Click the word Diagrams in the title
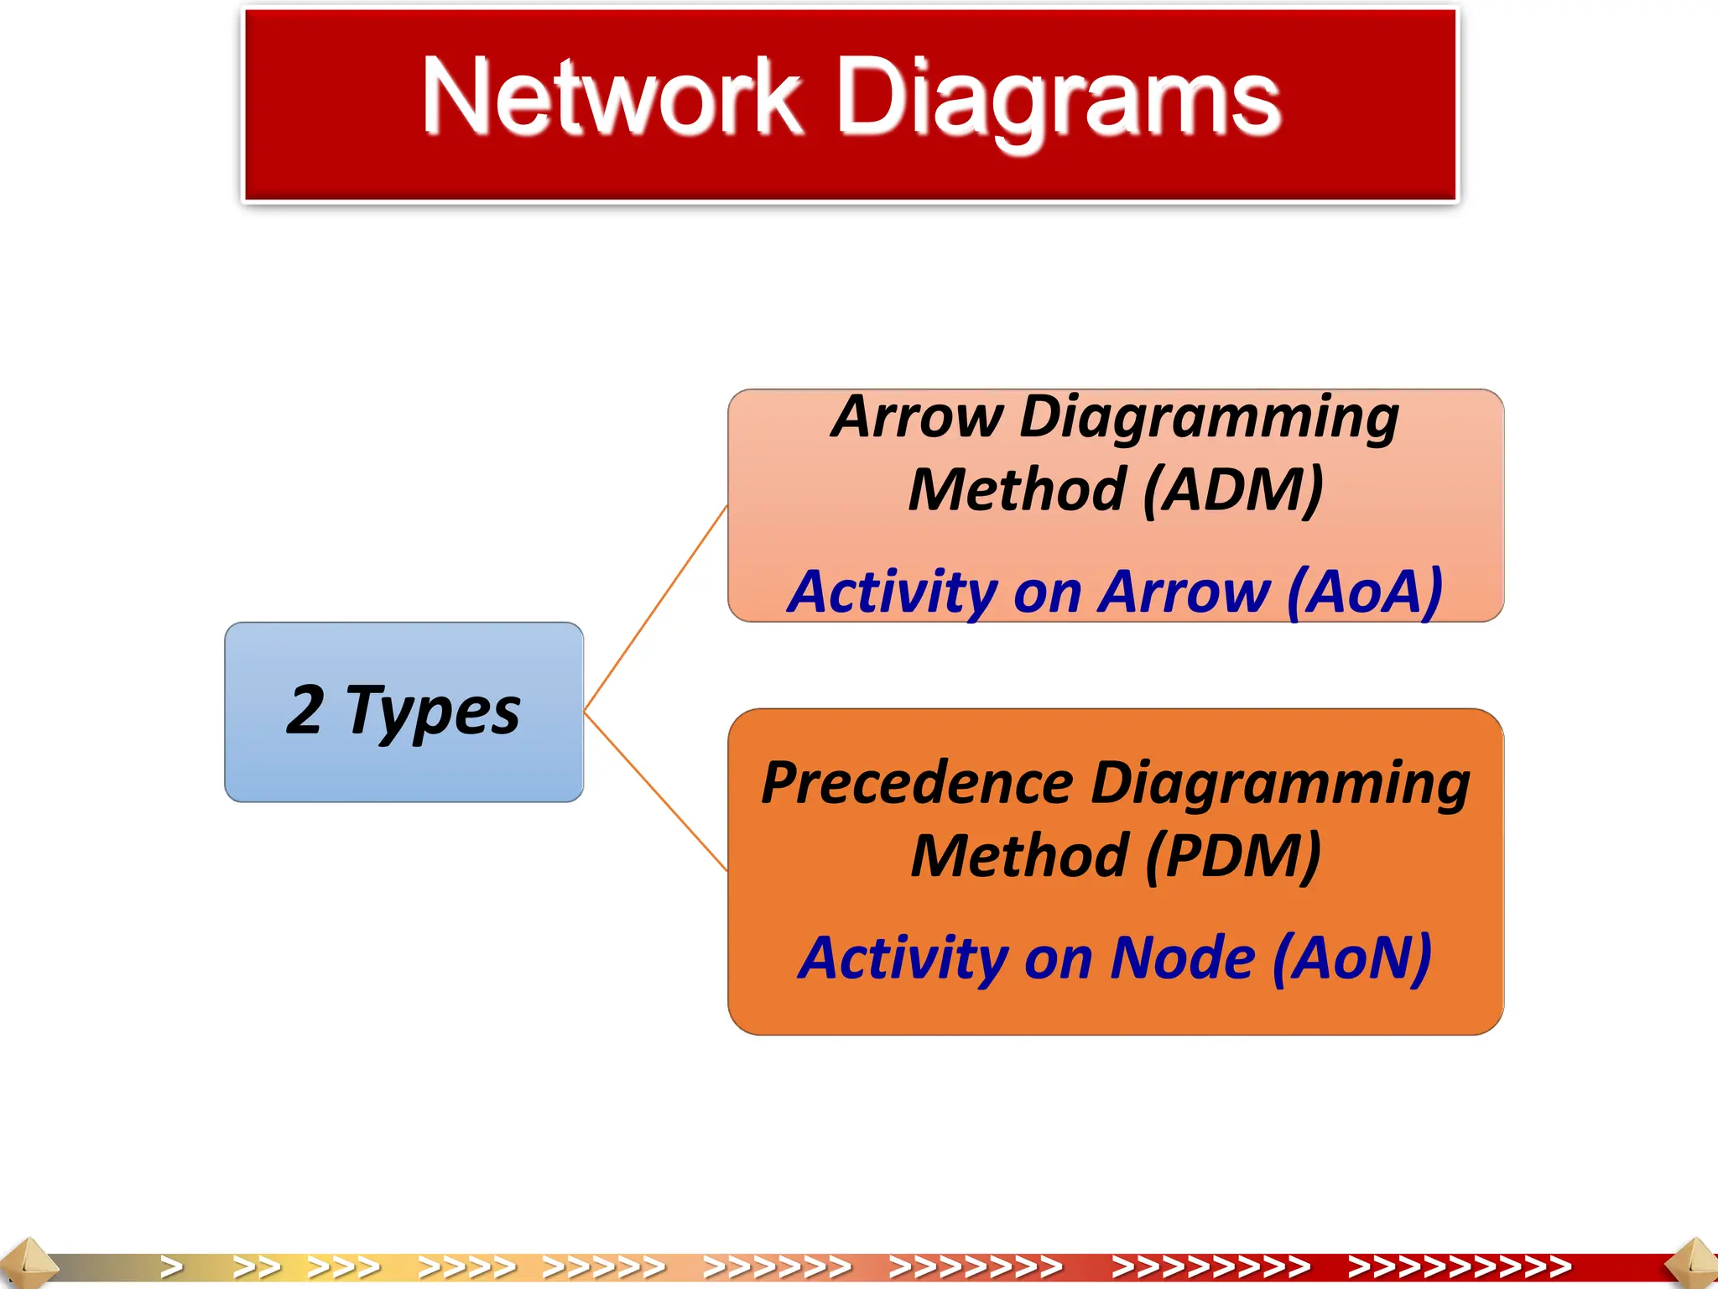click(1059, 99)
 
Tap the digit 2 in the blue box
click(305, 710)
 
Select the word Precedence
click(917, 784)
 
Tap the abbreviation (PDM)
click(1233, 856)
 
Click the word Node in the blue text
click(1183, 958)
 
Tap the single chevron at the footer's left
click(172, 1266)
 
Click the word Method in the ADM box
click(1017, 490)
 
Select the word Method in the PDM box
click(1019, 856)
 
